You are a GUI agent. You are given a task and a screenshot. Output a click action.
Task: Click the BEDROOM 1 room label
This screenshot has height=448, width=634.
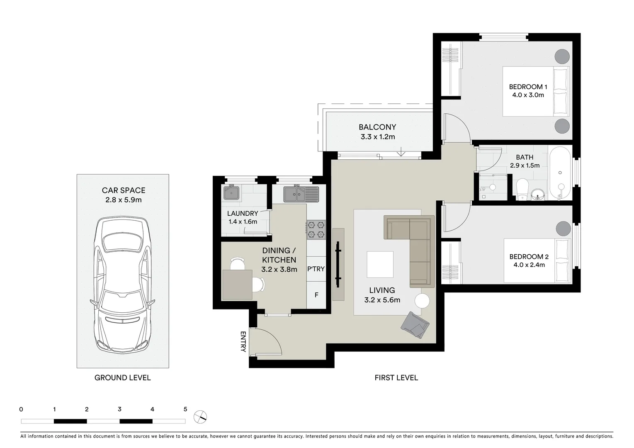[x=528, y=87]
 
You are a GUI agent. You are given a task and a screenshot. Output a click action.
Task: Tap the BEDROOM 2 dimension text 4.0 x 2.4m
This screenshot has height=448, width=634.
[x=529, y=265]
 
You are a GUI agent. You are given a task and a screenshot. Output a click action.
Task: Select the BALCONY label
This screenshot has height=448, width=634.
[x=377, y=127]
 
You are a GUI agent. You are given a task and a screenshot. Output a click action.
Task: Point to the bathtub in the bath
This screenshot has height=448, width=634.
[x=560, y=173]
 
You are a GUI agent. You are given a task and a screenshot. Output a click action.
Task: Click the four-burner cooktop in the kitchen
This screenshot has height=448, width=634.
[x=316, y=230]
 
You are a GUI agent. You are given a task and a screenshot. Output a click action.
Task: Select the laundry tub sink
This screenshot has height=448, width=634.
[x=231, y=193]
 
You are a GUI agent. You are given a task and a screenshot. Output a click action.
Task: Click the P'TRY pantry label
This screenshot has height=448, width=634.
[x=316, y=269]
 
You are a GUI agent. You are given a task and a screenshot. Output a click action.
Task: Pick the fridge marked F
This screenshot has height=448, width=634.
[x=316, y=295]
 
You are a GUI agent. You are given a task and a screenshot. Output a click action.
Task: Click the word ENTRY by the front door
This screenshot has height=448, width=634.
[x=243, y=341]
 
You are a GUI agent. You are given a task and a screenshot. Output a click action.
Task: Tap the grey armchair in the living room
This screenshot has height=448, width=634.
[x=415, y=325]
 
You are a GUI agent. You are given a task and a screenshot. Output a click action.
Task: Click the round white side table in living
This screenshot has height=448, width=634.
[x=423, y=300]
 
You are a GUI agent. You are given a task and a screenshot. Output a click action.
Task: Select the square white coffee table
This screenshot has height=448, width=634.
[x=380, y=265]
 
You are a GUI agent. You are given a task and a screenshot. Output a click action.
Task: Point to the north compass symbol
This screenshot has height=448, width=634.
[x=200, y=416]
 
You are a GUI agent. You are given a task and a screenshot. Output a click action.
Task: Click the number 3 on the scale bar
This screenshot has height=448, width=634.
[x=119, y=409]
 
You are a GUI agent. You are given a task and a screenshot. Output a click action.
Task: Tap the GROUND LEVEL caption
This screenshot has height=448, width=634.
[x=122, y=377]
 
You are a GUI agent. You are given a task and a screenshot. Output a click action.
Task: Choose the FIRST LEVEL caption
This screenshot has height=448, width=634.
[x=396, y=377]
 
